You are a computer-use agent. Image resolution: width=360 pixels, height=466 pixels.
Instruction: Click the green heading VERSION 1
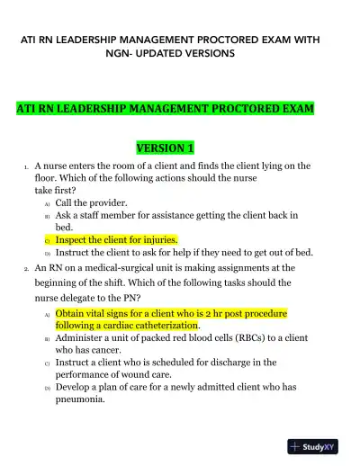point(165,147)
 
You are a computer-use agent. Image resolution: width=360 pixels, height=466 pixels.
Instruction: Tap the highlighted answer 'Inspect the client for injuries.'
point(116,240)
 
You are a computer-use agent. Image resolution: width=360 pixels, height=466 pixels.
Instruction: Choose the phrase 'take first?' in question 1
point(55,191)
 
